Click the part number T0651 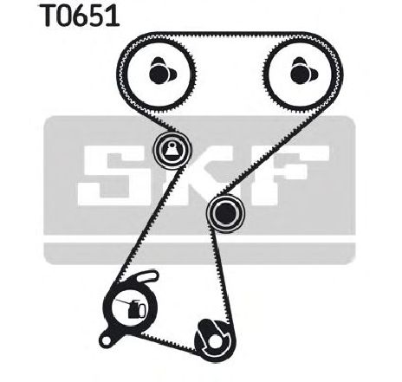[80, 15]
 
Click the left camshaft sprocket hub [162, 72]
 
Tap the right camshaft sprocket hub [303, 72]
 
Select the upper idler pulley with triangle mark [172, 149]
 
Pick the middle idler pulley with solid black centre [225, 213]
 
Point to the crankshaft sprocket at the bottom [215, 340]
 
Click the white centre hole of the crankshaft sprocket [214, 342]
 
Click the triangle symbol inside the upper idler [172, 149]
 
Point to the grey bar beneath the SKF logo [199, 253]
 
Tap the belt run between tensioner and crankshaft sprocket [167, 341]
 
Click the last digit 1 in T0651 [113, 16]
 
